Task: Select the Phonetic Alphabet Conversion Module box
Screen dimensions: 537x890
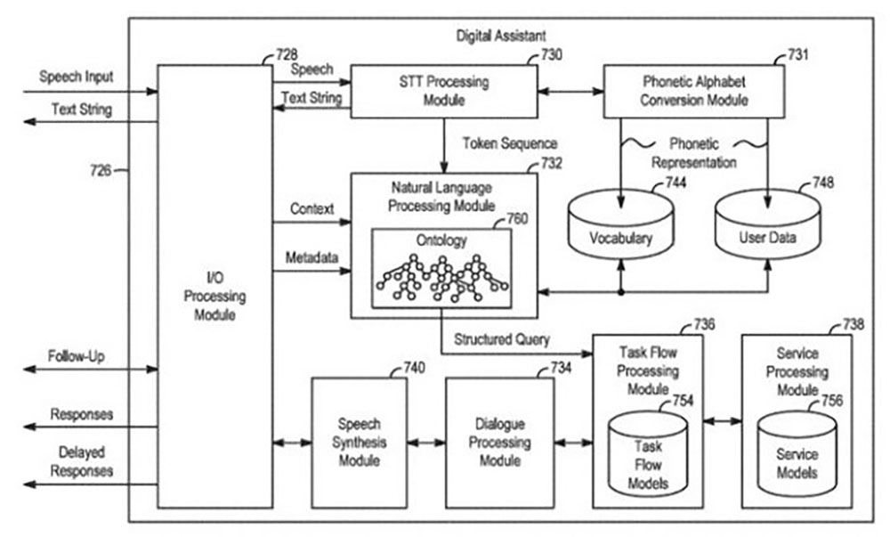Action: point(693,92)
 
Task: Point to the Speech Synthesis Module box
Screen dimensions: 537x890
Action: point(359,442)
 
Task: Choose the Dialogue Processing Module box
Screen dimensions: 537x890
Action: point(499,442)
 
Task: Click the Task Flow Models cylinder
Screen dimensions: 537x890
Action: point(647,460)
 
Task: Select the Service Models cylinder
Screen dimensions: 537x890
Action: point(797,460)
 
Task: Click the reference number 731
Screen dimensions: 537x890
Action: point(798,56)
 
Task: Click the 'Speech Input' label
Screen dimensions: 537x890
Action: point(77,77)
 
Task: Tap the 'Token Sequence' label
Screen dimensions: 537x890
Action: point(510,143)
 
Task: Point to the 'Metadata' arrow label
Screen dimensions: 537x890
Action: point(311,257)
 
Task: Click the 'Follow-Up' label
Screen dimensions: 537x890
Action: point(77,356)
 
